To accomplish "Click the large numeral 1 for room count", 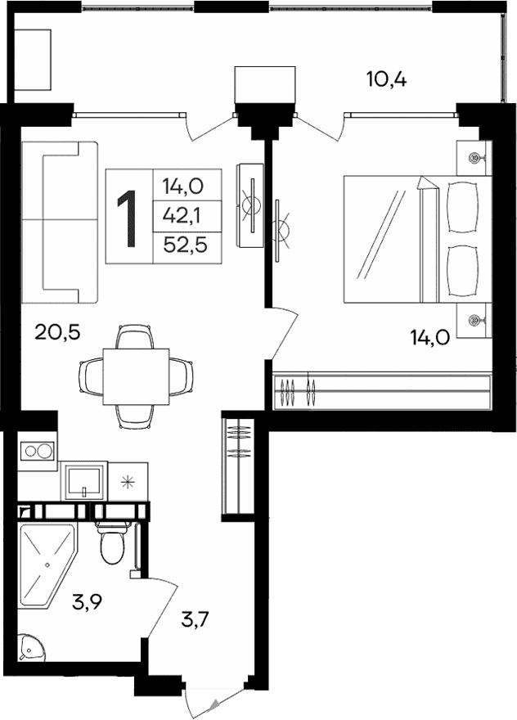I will click(128, 217).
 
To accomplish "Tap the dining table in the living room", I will click(135, 376).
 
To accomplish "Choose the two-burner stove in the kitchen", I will click(37, 451).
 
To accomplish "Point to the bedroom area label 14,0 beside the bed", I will click(429, 336).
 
